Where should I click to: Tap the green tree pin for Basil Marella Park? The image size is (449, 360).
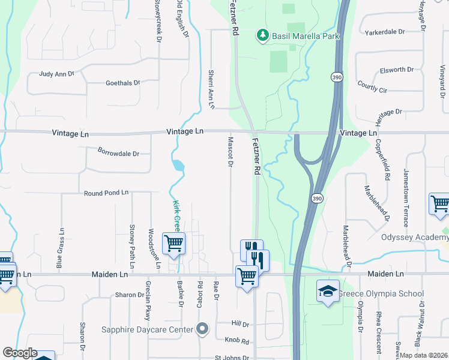point(262,36)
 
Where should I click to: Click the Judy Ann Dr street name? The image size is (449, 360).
point(56,74)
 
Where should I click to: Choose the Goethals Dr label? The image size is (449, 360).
point(122,83)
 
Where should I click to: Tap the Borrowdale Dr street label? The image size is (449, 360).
point(118,153)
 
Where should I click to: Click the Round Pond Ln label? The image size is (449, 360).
point(106,193)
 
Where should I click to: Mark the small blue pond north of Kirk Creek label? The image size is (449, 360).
point(178,165)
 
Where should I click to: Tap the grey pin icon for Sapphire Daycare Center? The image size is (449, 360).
point(202,329)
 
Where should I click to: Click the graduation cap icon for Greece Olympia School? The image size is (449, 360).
point(327,292)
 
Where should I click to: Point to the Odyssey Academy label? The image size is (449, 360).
point(415,237)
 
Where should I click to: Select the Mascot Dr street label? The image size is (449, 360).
point(231,152)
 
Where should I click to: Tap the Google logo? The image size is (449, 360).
point(19,353)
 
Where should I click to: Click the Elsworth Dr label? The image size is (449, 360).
point(397,70)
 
